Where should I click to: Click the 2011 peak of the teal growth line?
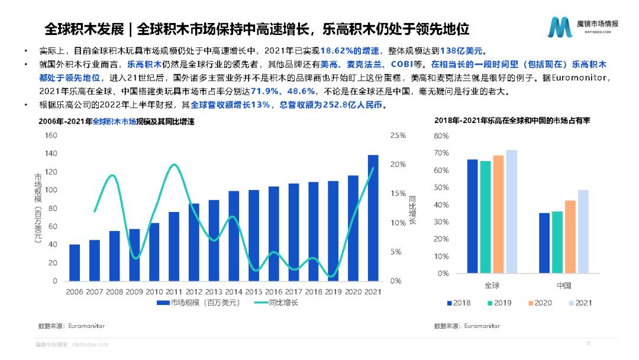click(x=173, y=165)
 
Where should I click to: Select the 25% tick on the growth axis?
click(x=398, y=136)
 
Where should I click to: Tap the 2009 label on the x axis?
click(x=134, y=292)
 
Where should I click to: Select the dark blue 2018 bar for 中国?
click(x=544, y=243)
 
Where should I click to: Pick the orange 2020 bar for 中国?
click(x=570, y=237)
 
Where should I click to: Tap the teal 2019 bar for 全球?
click(x=485, y=217)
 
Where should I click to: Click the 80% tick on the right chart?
click(x=441, y=136)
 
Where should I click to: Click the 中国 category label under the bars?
click(x=563, y=286)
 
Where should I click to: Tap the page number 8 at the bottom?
click(x=588, y=343)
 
